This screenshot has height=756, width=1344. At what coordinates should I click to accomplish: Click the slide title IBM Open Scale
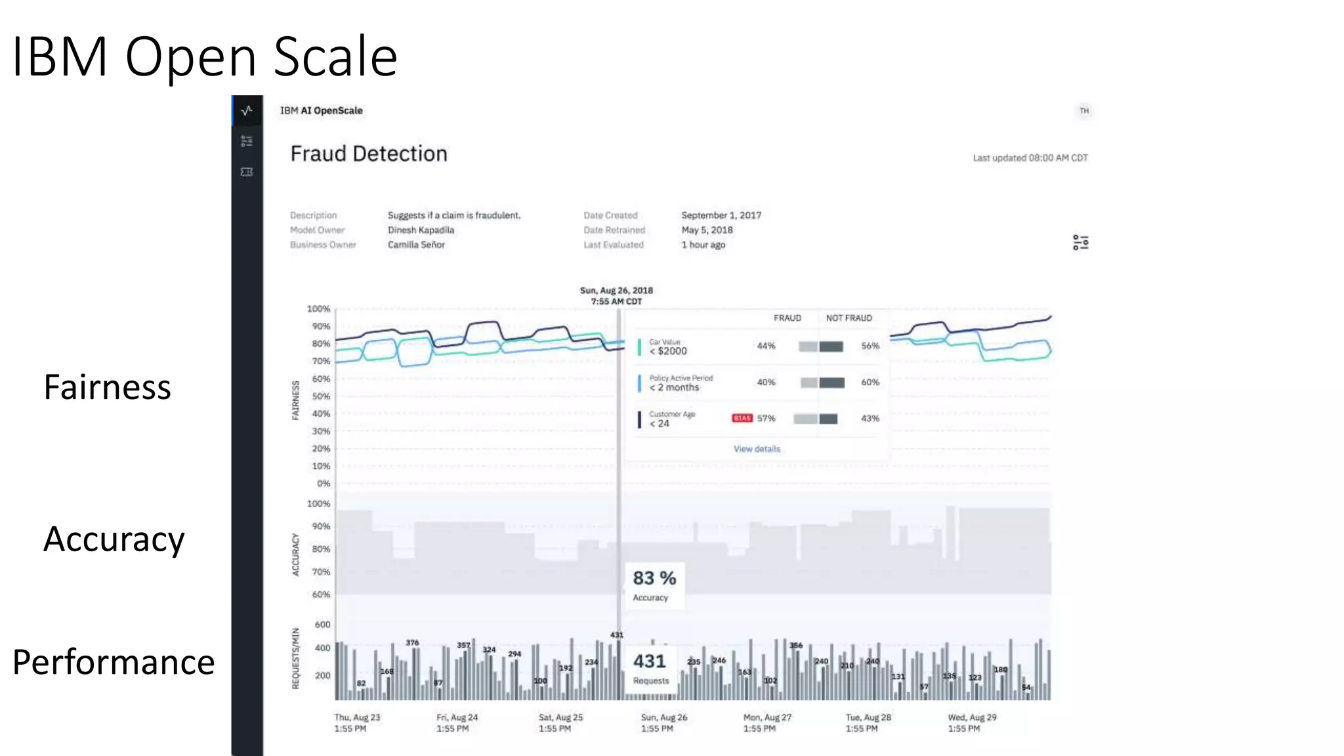coord(204,56)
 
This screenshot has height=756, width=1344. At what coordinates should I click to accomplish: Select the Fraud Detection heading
coord(368,154)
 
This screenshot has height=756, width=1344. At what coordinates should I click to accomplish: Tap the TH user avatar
coord(1084,111)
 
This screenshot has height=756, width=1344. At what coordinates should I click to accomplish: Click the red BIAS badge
coord(742,418)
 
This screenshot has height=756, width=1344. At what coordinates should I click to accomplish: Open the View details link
coord(757,449)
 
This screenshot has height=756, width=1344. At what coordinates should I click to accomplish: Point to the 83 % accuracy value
coord(654,578)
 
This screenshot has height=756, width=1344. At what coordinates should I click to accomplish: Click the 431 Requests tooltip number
coord(649,661)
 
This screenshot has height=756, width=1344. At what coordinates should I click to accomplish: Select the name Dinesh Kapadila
coord(421,230)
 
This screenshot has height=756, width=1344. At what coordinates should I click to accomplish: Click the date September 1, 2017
coord(721,215)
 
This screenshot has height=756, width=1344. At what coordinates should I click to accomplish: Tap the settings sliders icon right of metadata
coord(1080,242)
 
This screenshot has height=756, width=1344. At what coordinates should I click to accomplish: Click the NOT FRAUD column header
coord(849,318)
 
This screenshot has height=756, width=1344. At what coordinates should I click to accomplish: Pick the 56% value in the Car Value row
coord(870,346)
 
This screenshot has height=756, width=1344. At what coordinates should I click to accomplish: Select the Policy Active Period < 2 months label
coord(680,383)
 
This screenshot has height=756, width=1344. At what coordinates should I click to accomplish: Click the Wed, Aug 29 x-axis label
coord(971,723)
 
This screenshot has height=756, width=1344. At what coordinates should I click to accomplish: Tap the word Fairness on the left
coord(107,387)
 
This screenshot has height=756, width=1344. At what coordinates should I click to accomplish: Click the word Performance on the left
coord(114,662)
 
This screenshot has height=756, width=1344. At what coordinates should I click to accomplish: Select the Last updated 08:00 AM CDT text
coord(1030,158)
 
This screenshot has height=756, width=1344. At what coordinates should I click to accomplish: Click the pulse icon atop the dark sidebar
coord(247,110)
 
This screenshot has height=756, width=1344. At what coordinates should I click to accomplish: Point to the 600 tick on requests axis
coord(322,625)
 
